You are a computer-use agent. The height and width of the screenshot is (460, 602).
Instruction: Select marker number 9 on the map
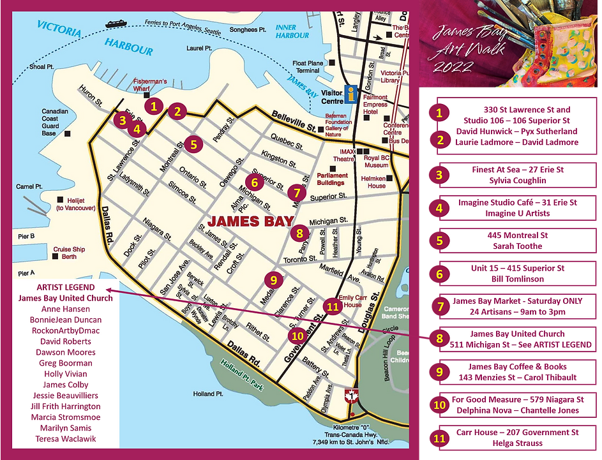pos(273,279)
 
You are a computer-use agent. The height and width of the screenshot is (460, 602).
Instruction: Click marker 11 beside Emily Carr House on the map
pos(331,306)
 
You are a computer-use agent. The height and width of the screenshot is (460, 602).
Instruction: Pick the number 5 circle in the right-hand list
pos(439,241)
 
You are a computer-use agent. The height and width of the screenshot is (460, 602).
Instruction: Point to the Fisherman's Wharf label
pos(149,85)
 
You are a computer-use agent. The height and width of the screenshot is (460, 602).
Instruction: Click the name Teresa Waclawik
pos(65,439)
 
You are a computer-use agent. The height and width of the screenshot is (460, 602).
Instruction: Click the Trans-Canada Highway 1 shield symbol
pos(348,396)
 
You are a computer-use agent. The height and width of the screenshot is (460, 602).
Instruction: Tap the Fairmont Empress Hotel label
pos(375,104)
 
